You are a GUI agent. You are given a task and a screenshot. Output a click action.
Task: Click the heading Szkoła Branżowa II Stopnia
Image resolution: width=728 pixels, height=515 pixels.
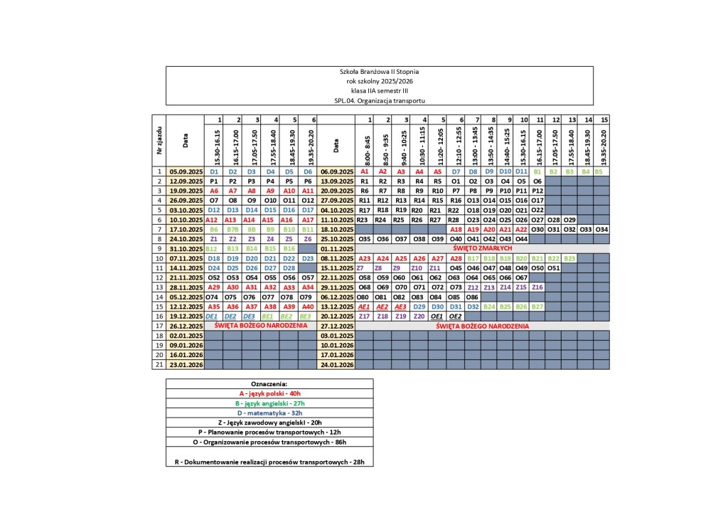[x=379, y=71]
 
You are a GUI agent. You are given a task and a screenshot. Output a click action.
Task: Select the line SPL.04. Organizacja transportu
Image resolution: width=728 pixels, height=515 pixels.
[x=379, y=100]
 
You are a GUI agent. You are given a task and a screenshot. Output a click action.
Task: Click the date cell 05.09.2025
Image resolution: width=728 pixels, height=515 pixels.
[x=186, y=171]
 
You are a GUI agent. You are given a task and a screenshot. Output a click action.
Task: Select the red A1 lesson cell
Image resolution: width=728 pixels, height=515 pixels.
[x=365, y=171]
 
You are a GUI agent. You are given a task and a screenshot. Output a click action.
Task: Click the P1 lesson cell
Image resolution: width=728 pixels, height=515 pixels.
[x=214, y=181]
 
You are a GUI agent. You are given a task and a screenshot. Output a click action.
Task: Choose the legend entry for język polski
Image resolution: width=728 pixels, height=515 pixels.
[x=269, y=393]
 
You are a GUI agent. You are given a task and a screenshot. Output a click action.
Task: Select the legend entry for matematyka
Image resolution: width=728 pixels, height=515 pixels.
[x=269, y=412]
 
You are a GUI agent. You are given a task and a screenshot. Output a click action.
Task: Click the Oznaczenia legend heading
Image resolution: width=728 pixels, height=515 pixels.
[x=269, y=383]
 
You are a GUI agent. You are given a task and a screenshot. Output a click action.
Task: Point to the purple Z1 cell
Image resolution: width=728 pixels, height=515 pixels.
[x=214, y=239]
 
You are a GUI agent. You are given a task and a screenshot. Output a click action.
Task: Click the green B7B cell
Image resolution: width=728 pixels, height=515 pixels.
[x=232, y=230]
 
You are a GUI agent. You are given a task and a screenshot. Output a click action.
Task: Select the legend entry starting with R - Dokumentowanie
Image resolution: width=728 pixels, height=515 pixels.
[x=269, y=462]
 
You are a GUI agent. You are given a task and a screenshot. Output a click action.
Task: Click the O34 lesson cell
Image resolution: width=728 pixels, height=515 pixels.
[x=601, y=230]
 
